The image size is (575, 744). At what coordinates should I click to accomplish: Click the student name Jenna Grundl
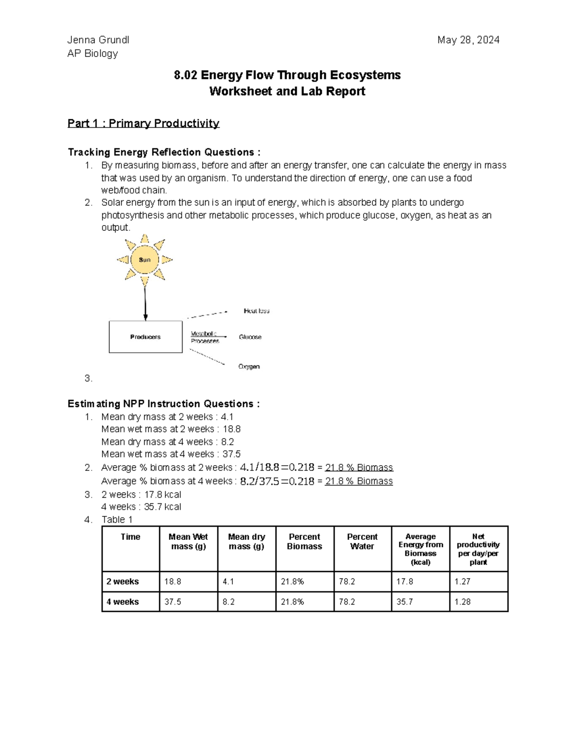[x=98, y=40]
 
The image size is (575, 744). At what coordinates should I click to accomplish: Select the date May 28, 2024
[x=468, y=40]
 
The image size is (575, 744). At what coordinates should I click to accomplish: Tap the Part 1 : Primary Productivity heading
[x=143, y=124]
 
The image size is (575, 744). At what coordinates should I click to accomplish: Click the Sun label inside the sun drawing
[x=145, y=260]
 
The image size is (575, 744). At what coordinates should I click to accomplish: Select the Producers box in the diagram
[x=146, y=337]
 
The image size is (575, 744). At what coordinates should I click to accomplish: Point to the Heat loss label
[x=256, y=311]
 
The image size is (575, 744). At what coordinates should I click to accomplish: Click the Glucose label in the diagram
[x=250, y=337]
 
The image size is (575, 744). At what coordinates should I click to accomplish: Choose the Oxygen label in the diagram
[x=249, y=366]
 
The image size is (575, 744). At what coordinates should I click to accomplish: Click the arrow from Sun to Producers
[x=145, y=302]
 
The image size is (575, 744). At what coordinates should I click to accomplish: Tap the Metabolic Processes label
[x=205, y=337]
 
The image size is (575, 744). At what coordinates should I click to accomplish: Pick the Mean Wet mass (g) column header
[x=188, y=542]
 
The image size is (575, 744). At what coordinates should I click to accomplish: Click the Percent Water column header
[x=362, y=542]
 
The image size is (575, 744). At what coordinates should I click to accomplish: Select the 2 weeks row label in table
[x=123, y=582]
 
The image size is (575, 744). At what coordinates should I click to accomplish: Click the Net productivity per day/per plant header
[x=478, y=549]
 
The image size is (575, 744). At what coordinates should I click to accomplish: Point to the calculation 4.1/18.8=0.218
[x=277, y=467]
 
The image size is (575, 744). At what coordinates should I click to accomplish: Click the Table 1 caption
[x=117, y=520]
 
